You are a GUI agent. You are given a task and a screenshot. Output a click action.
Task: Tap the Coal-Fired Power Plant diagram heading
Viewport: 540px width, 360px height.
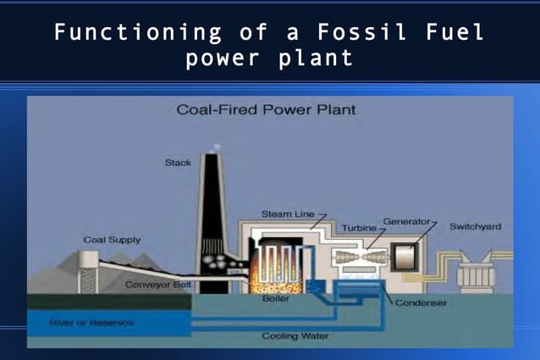click(266, 110)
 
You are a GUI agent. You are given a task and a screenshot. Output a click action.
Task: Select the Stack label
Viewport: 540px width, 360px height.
click(178, 163)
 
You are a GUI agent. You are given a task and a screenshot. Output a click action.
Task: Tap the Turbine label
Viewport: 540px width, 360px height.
click(360, 228)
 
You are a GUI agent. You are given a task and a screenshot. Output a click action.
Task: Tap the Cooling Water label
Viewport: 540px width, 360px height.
click(295, 335)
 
